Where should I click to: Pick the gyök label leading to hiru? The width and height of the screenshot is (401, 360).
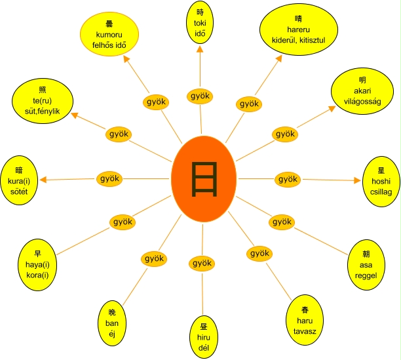click(x=201, y=263)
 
